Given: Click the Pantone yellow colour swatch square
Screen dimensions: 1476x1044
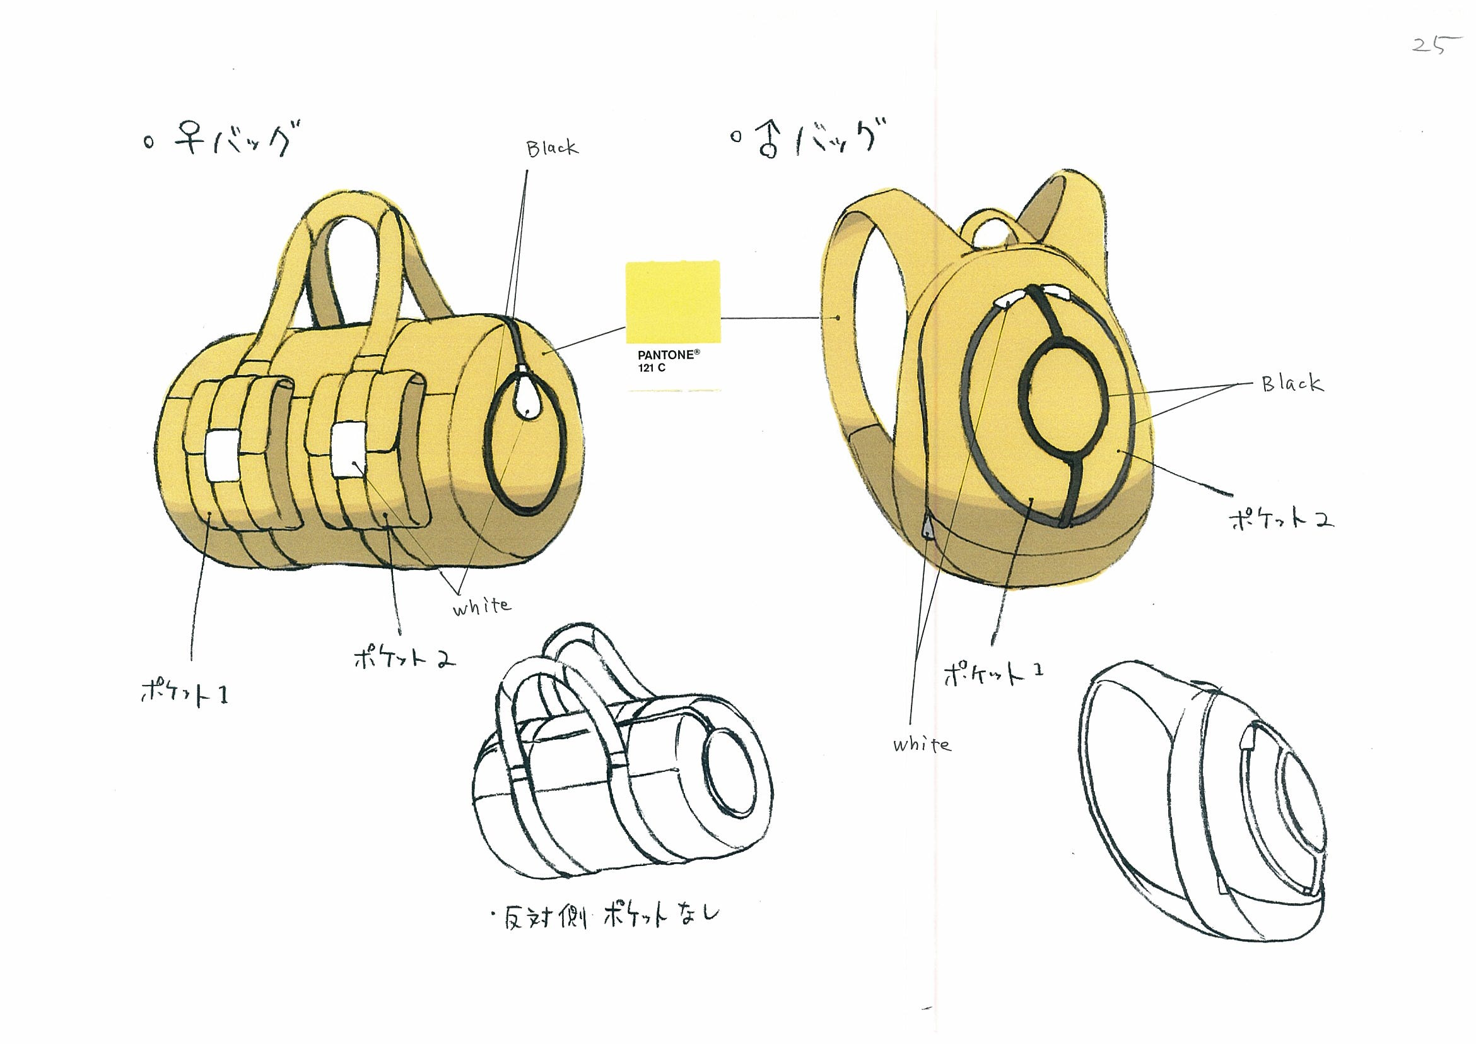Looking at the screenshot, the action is tap(673, 302).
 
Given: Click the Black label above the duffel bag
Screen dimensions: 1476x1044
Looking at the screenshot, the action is tap(552, 148).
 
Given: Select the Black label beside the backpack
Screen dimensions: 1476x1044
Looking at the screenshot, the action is tap(1292, 384).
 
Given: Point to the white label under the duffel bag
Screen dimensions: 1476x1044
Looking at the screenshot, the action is tap(482, 606).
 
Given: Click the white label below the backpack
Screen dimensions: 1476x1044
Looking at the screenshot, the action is tap(922, 744).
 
